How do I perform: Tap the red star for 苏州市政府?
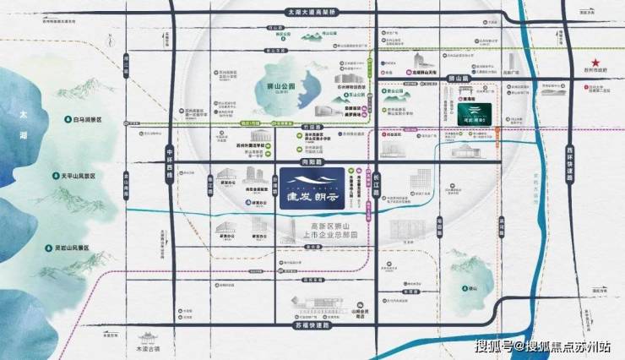pos(595,64)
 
